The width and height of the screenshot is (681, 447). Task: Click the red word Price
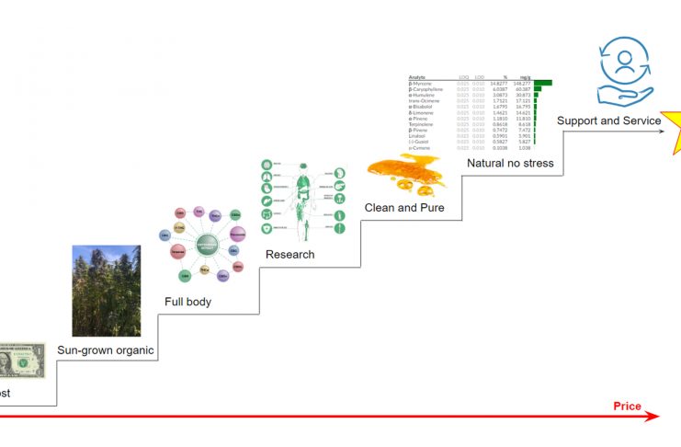coord(627,406)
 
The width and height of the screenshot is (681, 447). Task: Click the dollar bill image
coord(20,361)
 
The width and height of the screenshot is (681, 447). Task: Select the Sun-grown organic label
coord(106,350)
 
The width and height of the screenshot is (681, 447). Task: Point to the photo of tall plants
coord(107,290)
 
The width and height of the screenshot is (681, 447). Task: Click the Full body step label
coord(188,302)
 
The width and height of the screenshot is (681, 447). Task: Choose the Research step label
coord(290,254)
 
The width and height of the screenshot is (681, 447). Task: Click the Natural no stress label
coord(510,164)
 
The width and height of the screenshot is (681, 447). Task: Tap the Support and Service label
coord(609,120)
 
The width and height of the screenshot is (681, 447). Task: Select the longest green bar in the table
coord(542,83)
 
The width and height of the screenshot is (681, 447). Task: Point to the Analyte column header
coord(418,76)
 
